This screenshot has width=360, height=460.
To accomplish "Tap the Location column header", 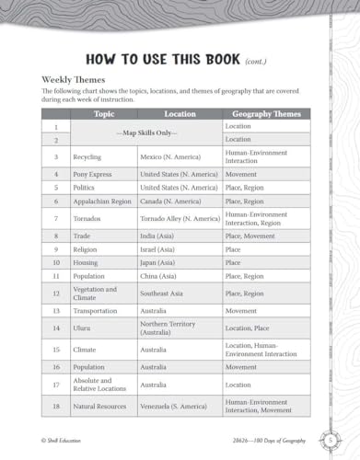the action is (180, 114).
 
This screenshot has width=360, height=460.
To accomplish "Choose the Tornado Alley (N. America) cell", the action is (180, 218).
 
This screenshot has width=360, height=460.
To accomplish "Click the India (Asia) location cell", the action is (161, 236).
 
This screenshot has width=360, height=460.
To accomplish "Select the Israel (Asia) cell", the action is (160, 248).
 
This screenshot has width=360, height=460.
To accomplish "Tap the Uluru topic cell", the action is (85, 328).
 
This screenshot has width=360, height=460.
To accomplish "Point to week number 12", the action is (56, 293).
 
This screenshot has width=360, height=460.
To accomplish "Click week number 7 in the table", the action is (56, 218).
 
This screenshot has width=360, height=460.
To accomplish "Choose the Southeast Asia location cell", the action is (165, 293).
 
